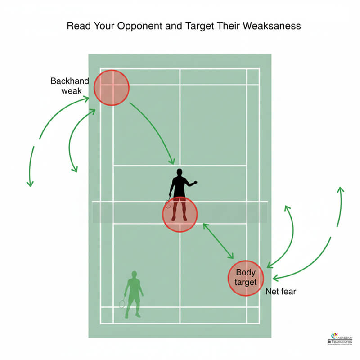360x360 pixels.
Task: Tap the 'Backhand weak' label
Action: (70, 86)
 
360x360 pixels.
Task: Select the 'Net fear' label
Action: (281, 292)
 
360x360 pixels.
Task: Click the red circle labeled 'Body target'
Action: (245, 278)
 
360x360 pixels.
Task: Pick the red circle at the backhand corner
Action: (112, 88)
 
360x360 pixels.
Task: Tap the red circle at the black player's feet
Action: (180, 215)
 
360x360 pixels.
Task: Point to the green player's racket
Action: (122, 304)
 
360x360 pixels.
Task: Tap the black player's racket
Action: (168, 203)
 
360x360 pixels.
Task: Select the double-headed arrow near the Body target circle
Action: (218, 241)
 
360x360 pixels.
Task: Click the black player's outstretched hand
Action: (194, 183)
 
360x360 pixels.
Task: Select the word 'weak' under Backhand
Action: (71, 92)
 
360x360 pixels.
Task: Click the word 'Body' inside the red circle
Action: (245, 272)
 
